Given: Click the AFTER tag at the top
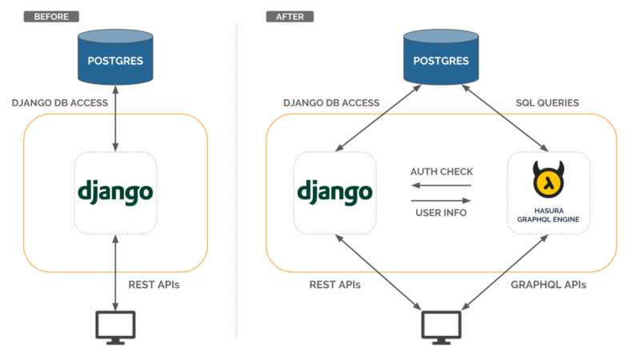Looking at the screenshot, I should point(290,16).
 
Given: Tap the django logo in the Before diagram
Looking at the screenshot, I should point(115,193).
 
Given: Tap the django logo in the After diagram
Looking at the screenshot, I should point(334,191).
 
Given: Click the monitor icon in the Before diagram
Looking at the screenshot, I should point(115,326).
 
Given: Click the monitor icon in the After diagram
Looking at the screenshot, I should point(442,326).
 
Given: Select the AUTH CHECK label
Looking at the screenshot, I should point(441,172).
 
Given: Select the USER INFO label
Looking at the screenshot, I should point(441,213).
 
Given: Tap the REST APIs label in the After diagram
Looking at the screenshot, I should point(335,284).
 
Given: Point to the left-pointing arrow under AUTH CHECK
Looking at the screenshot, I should point(441,186).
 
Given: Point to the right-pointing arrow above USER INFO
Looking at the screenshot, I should point(441,199).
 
